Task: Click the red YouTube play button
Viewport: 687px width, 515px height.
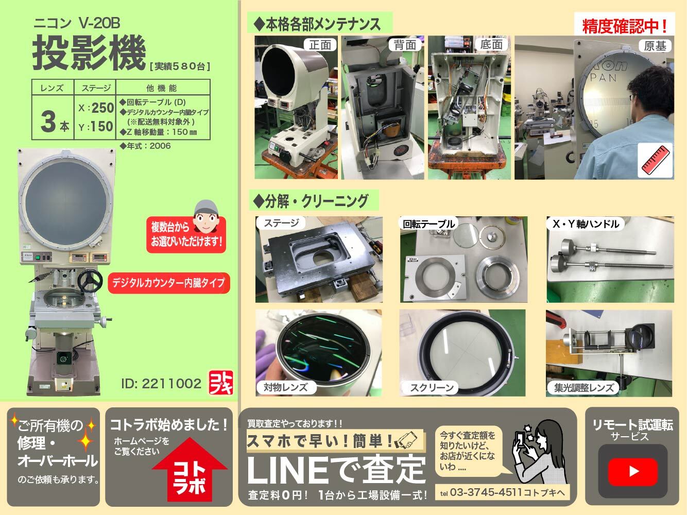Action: [x=633, y=471]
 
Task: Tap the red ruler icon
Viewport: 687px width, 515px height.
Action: [x=655, y=160]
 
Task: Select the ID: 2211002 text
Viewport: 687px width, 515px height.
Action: [x=161, y=384]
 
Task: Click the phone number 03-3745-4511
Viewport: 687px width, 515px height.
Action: [x=486, y=492]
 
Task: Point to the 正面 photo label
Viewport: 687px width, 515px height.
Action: [x=320, y=45]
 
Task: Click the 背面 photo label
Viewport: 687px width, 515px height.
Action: [x=405, y=45]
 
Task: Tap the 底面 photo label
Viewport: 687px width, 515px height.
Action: [x=491, y=45]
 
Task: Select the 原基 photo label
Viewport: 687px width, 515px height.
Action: [x=655, y=46]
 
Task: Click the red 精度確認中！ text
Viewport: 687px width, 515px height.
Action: [x=624, y=26]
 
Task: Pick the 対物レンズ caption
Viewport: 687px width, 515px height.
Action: [x=285, y=387]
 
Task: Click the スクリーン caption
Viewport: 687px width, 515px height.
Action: [x=432, y=388]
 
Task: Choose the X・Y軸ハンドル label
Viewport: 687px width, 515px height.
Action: [x=586, y=224]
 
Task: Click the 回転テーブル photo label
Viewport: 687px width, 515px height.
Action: [x=428, y=224]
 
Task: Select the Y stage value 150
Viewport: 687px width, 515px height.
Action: [x=101, y=127]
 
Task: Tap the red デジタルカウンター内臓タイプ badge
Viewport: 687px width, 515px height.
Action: [x=168, y=283]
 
